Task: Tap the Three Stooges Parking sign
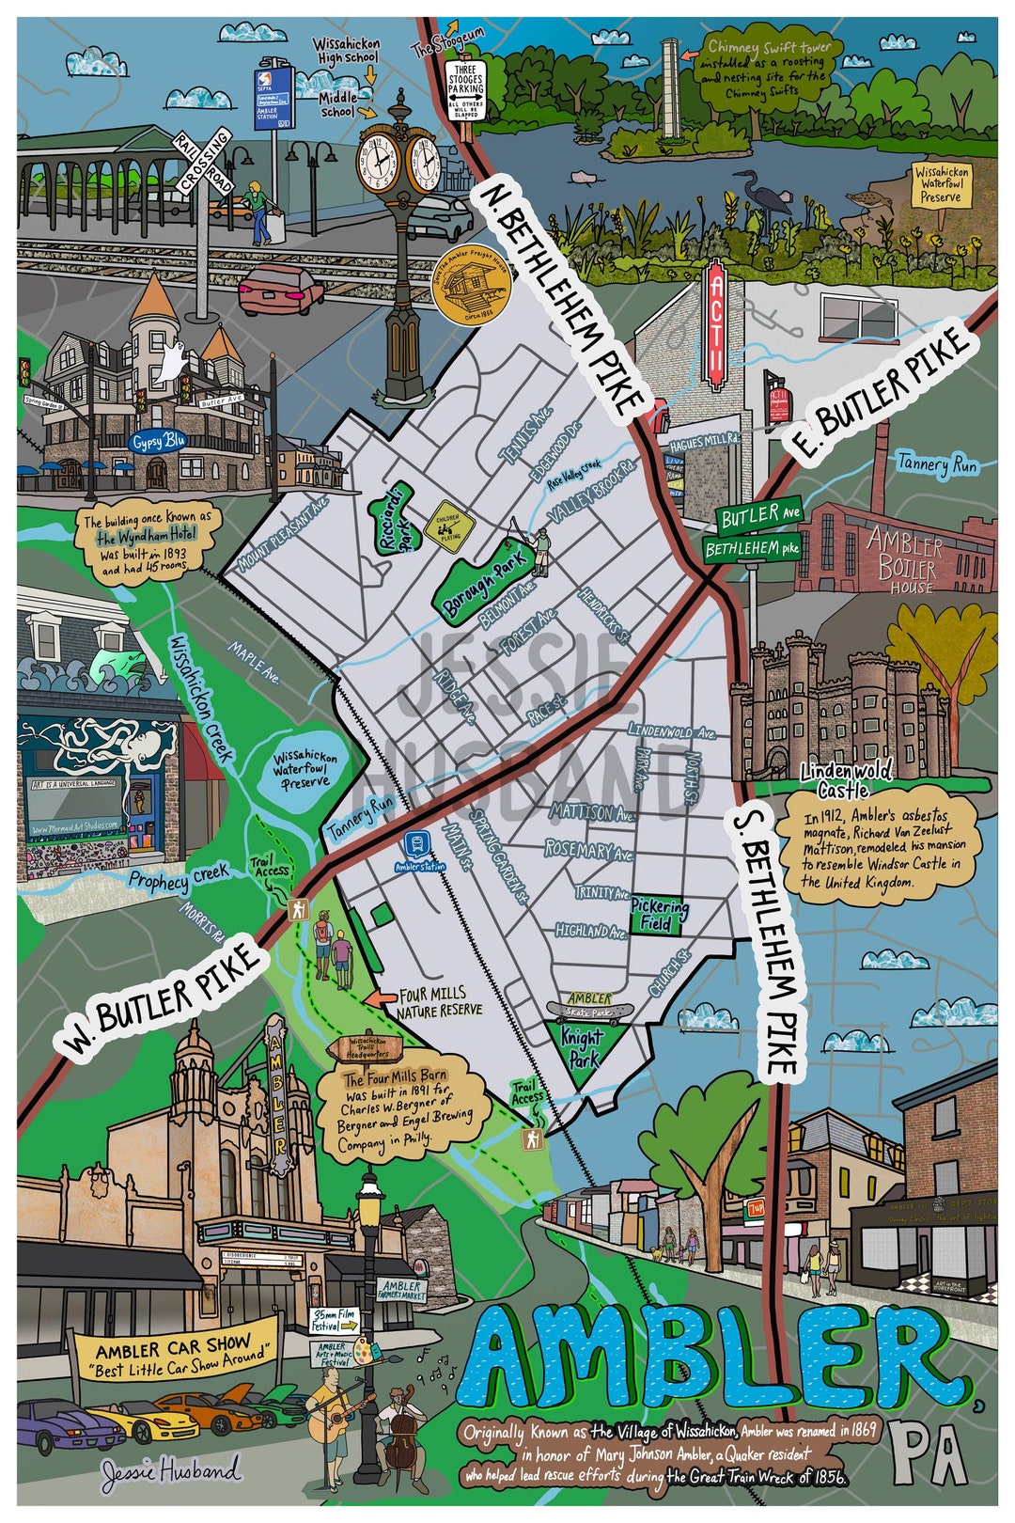(x=466, y=90)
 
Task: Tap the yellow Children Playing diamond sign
(x=448, y=522)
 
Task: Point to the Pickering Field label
(x=659, y=915)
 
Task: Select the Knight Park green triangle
(x=585, y=1046)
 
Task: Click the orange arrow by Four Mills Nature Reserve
(x=380, y=998)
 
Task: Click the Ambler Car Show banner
(x=177, y=1351)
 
